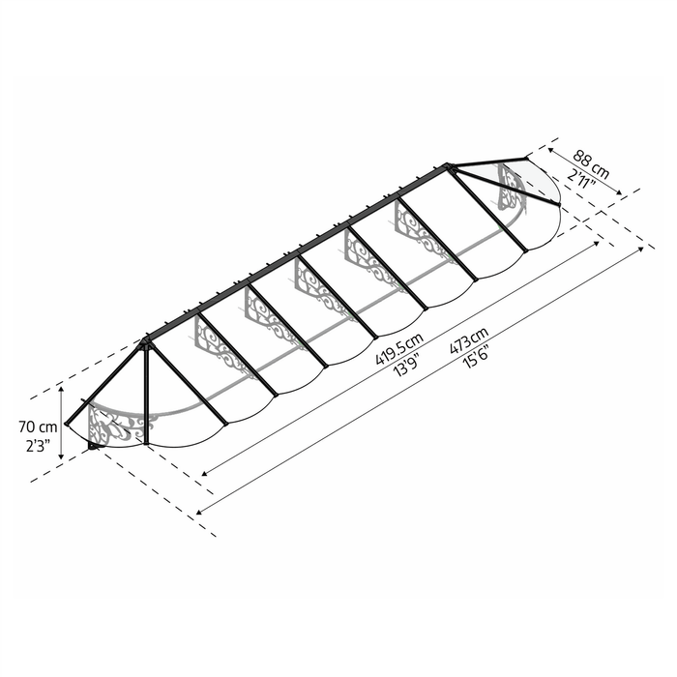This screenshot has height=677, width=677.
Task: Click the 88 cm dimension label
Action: click(591, 164)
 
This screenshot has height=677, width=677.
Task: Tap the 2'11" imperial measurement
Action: click(581, 178)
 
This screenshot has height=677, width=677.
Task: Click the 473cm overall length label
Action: click(469, 340)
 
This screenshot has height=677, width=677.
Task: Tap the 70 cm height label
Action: click(38, 427)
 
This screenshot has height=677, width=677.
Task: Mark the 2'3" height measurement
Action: click(38, 446)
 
